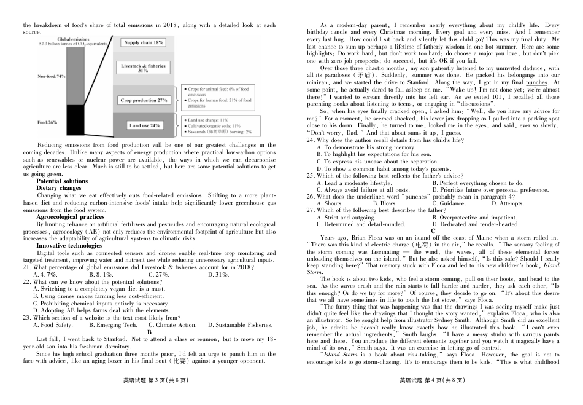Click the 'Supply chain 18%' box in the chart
pos(144,43)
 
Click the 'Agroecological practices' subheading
pos(70,216)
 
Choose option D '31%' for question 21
pos(218,274)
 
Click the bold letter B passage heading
pos(149,332)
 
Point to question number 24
pos(311,140)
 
